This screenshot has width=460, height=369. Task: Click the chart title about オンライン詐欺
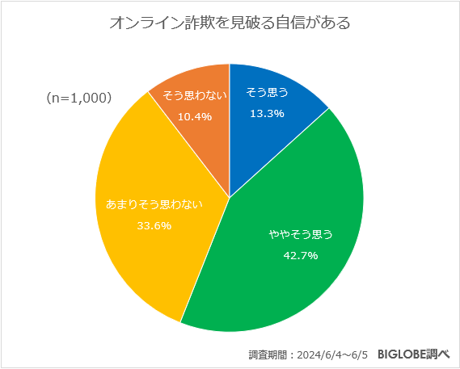click(x=230, y=23)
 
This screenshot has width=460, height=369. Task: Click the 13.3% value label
click(x=268, y=114)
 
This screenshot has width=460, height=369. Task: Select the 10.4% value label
click(x=196, y=116)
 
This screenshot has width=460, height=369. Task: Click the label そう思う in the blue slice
click(x=268, y=95)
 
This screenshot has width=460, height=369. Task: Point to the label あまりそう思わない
click(x=154, y=204)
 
